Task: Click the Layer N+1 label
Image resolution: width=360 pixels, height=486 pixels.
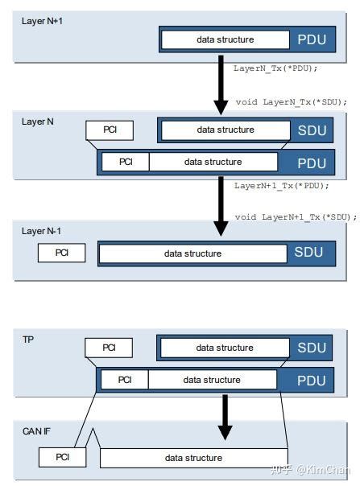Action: (x=41, y=20)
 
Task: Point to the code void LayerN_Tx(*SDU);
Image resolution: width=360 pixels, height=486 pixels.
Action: (x=291, y=102)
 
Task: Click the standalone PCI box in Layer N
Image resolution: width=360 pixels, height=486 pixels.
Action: (x=110, y=130)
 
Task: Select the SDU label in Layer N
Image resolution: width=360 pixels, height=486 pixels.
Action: (x=310, y=130)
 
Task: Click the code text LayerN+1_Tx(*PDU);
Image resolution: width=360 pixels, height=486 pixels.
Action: (x=282, y=186)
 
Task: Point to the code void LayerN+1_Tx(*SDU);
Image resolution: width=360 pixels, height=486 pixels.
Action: (x=296, y=217)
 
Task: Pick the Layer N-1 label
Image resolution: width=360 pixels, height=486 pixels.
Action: (x=41, y=231)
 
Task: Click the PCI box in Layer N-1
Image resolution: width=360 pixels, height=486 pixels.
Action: (x=62, y=253)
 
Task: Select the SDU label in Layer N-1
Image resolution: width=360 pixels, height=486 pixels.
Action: (x=308, y=253)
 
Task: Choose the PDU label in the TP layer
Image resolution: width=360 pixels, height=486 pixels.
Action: (x=310, y=380)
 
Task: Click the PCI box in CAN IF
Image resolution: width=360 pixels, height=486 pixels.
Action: (x=62, y=458)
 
